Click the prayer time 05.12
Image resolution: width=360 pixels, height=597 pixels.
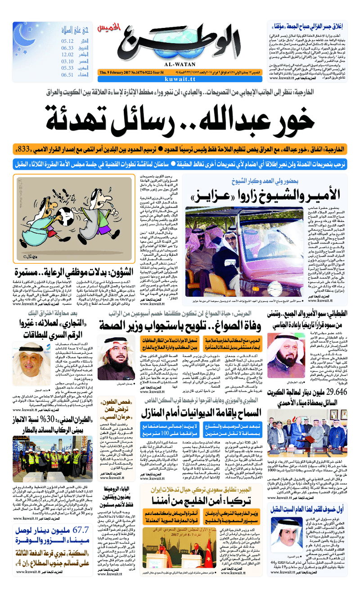(x=67, y=40)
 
